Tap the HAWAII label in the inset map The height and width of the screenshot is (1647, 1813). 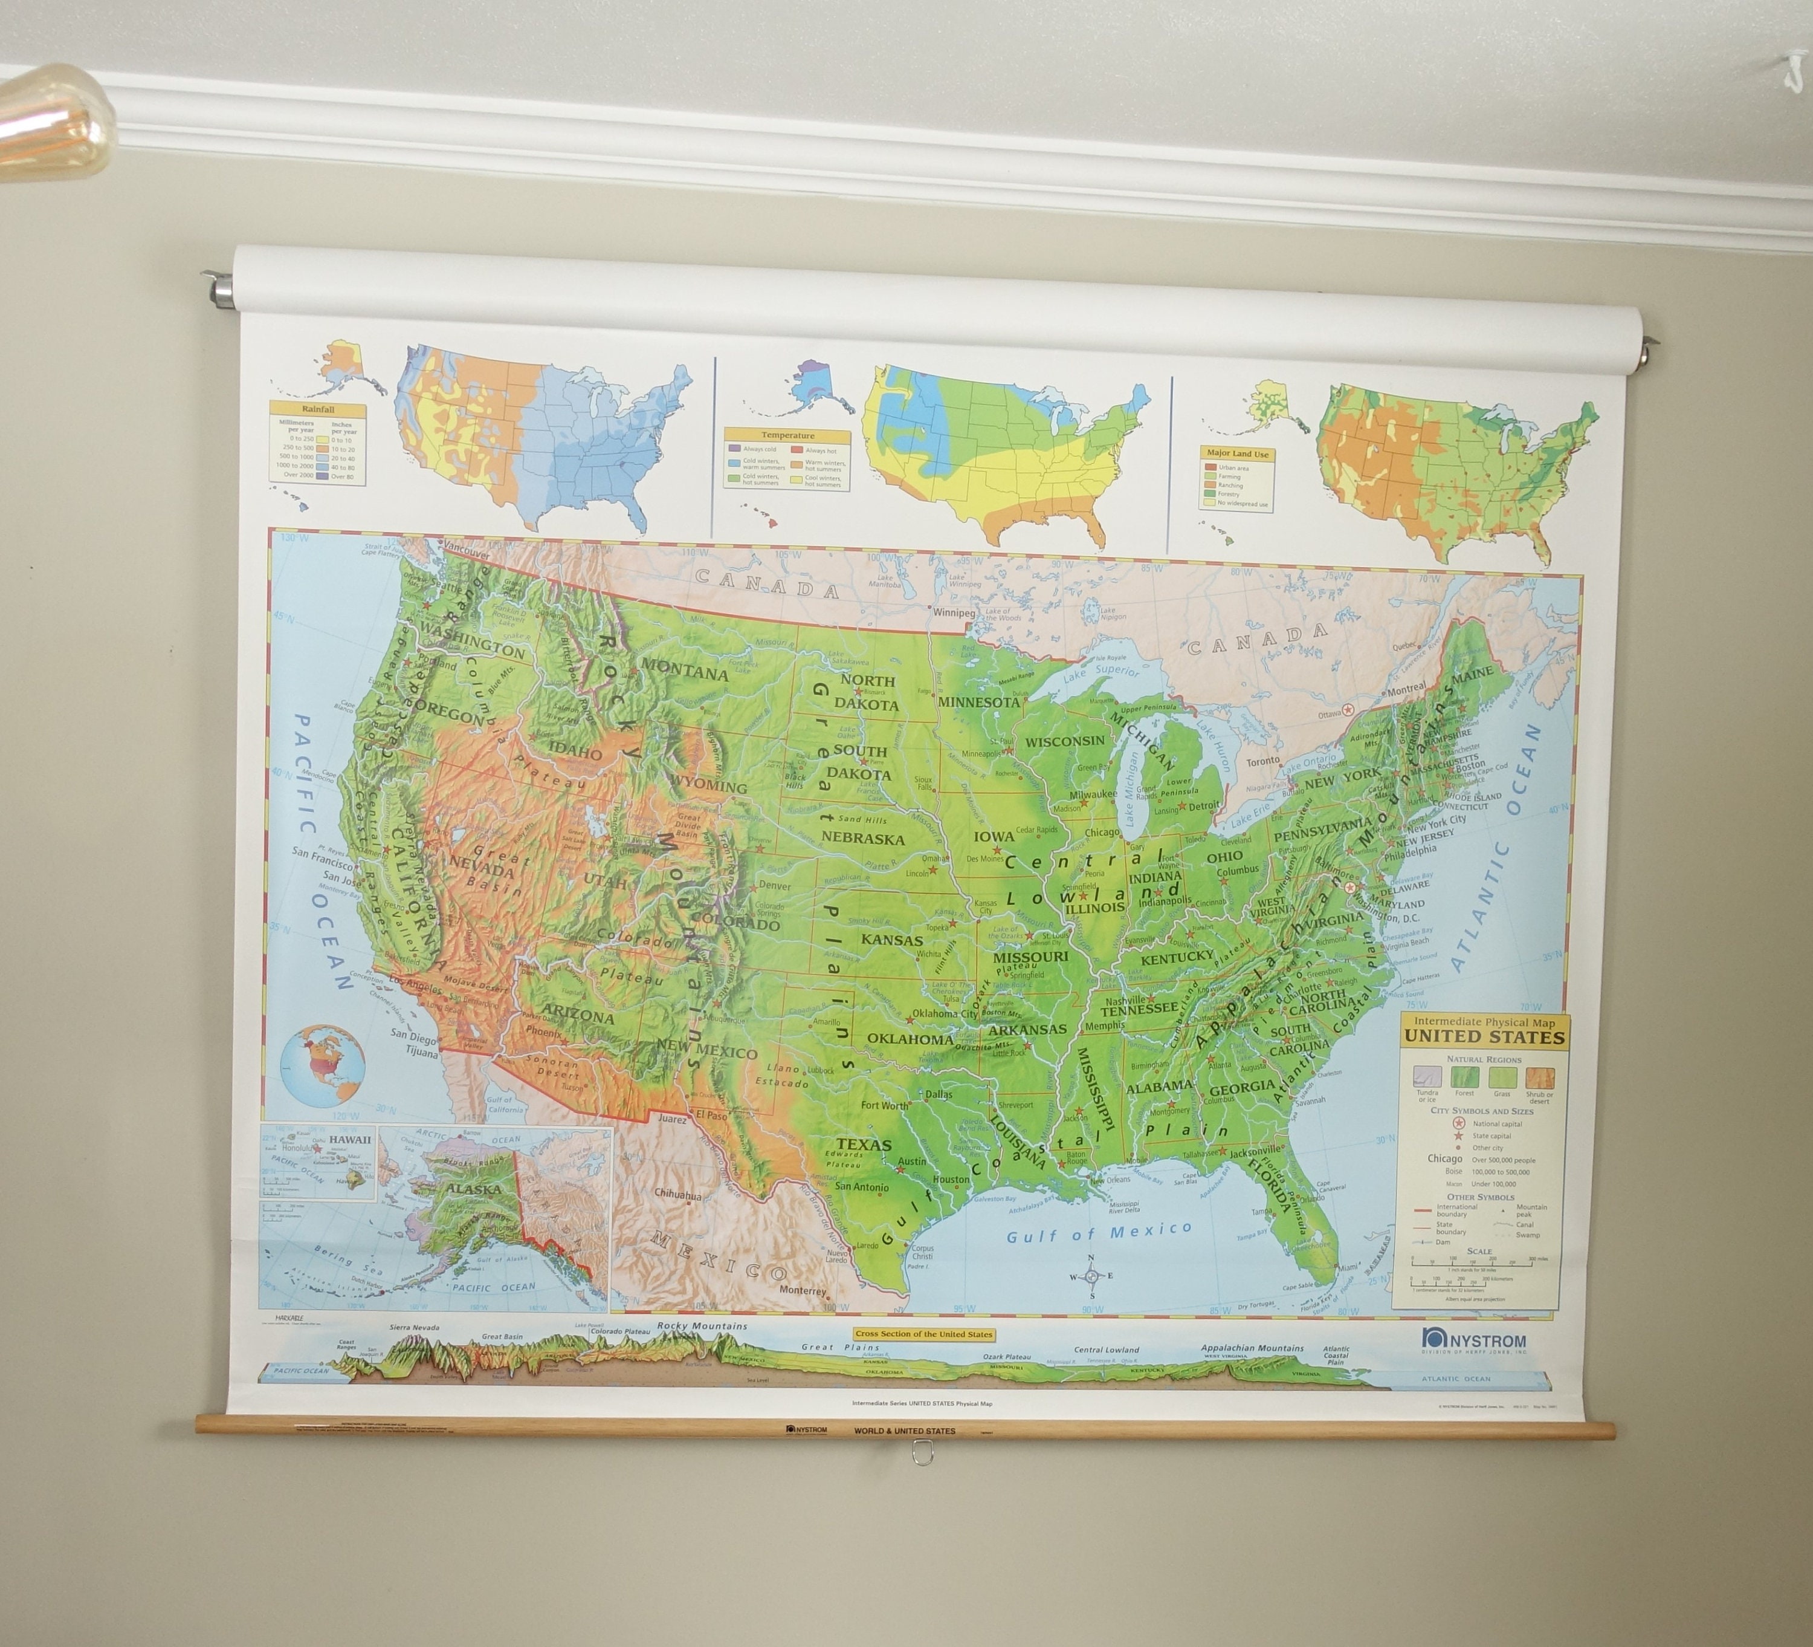pos(350,1139)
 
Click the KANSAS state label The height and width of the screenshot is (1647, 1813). pos(891,940)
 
